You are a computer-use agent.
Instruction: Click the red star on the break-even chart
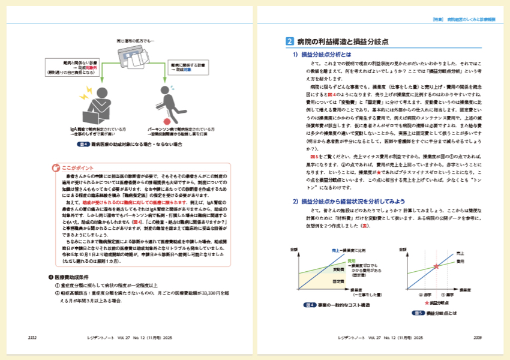pyautogui.click(x=436, y=266)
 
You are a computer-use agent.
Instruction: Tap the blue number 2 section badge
pyautogui.click(x=289, y=41)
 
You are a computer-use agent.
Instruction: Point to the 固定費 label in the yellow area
pyautogui.click(x=338, y=281)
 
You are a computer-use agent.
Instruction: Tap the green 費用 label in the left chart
pyautogui.click(x=352, y=260)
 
